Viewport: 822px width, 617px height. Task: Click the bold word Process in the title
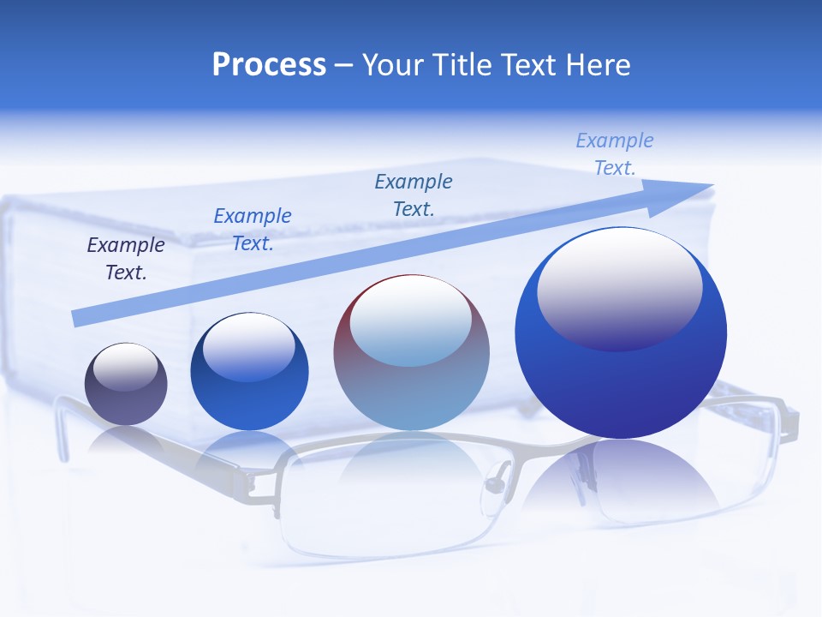[x=269, y=65]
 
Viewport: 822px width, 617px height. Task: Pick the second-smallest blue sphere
[x=249, y=372]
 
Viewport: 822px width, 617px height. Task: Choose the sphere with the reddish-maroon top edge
[x=411, y=353]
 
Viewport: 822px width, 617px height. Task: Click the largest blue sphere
[x=621, y=334]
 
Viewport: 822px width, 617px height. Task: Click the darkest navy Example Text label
[x=126, y=259]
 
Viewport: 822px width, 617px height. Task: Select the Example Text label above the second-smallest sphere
[x=253, y=230]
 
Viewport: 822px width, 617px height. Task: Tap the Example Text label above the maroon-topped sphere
[x=414, y=195]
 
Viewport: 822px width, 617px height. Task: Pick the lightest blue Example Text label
[x=615, y=154]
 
